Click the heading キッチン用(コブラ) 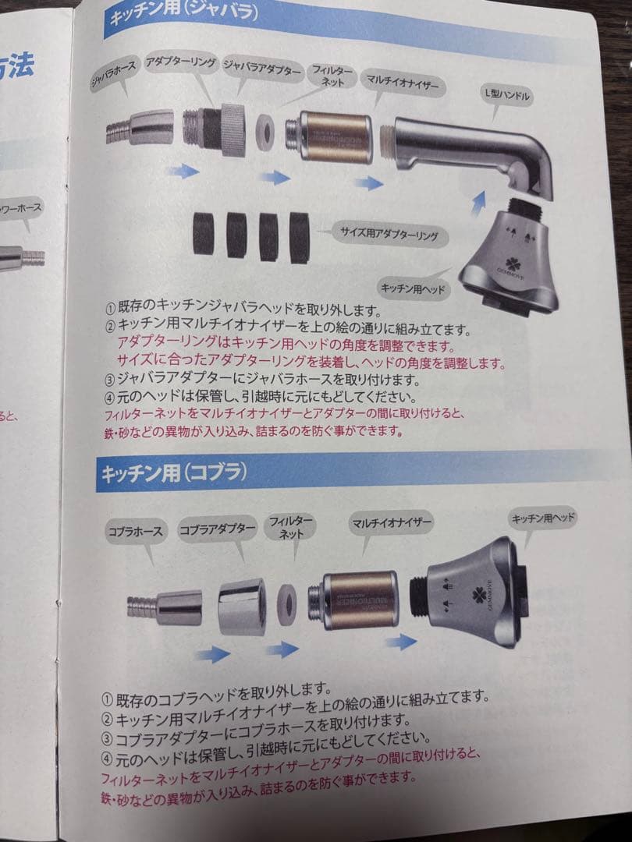[173, 472]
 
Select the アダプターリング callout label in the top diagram [181, 65]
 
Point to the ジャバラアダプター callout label [262, 70]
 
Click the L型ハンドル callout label [508, 96]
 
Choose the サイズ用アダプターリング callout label [387, 233]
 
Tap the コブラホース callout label [136, 532]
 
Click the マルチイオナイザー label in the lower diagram [392, 521]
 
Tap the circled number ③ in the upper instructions [110, 380]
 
